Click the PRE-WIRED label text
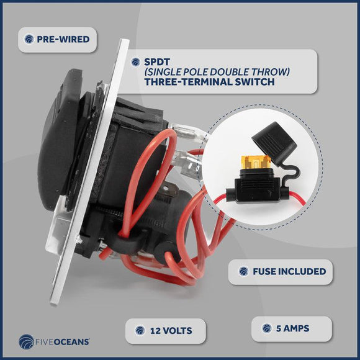(x=63, y=39)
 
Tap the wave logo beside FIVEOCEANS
(x=26, y=341)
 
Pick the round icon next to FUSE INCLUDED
(x=243, y=271)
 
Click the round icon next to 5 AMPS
(x=267, y=328)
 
